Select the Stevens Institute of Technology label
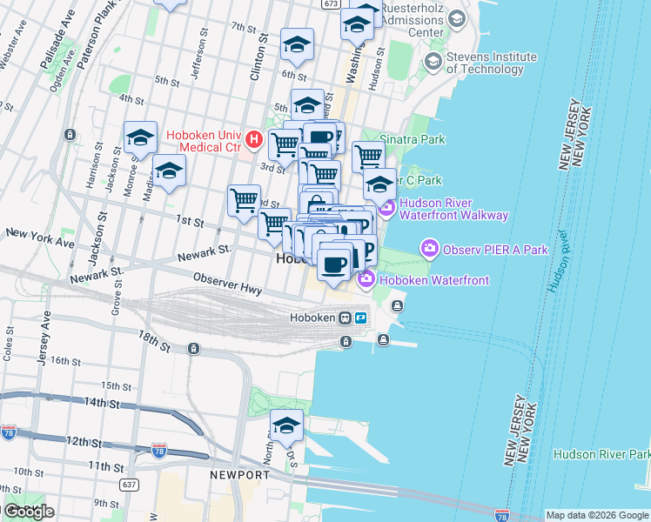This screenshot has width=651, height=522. coord(492,63)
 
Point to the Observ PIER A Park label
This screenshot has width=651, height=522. coord(495,250)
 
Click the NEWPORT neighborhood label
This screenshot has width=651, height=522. coord(239,475)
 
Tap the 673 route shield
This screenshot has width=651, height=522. coord(330,3)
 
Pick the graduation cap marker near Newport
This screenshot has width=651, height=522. coord(286,426)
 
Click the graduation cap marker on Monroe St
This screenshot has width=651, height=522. coord(140,137)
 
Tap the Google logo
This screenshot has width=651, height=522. coord(29,512)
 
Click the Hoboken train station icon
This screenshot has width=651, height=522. coord(346,318)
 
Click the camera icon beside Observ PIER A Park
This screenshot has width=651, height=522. coord(430,250)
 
